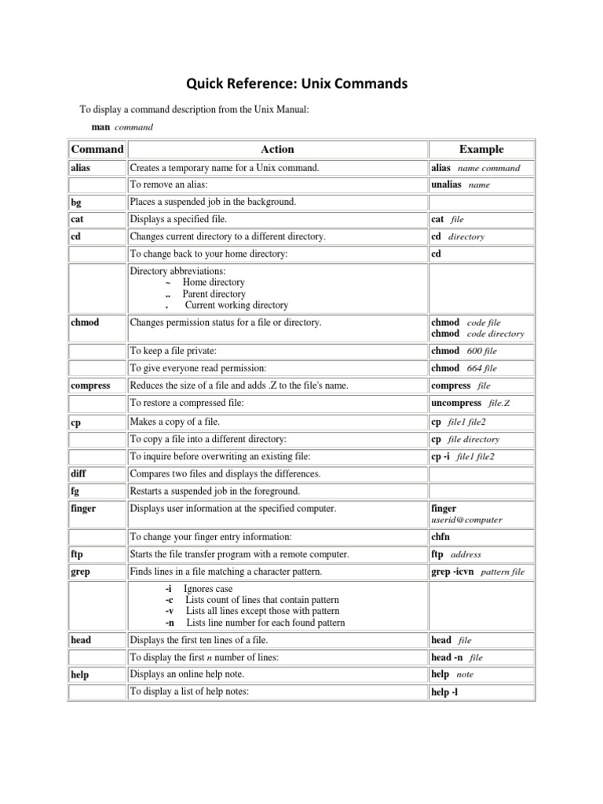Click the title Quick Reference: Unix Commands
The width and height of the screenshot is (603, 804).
[297, 85]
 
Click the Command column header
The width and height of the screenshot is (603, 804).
[97, 149]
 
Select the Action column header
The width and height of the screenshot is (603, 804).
[276, 149]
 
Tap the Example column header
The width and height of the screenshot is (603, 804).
[481, 149]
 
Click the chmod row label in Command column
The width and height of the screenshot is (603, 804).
[86, 323]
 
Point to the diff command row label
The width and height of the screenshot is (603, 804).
[79, 474]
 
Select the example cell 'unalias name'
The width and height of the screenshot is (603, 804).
[460, 185]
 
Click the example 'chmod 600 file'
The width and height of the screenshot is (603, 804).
[464, 351]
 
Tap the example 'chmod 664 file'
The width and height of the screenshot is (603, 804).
[464, 368]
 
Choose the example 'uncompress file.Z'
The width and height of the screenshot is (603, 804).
[471, 403]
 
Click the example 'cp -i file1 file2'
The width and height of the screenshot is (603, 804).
[462, 456]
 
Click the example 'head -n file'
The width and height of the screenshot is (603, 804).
[457, 657]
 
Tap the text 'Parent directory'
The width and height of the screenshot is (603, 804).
[214, 294]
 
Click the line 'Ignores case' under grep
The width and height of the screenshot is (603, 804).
[207, 589]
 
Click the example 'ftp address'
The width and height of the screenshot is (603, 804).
[456, 554]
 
